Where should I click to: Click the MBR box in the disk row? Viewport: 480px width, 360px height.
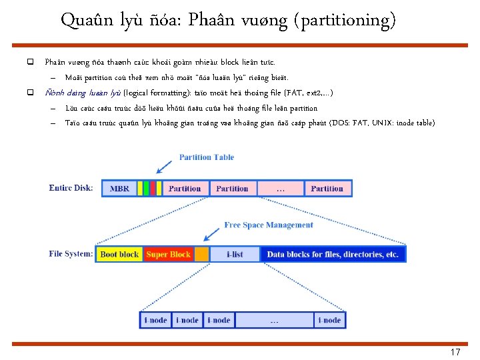pos(119,189)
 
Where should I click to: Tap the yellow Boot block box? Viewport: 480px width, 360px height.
pos(119,254)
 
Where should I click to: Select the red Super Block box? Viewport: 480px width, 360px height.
pos(168,254)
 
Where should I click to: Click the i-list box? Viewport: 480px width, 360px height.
pos(235,254)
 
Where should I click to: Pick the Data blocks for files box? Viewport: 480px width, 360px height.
pos(333,254)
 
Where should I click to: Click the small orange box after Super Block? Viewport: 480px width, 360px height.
pos(201,254)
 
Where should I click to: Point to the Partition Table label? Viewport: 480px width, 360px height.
pos(206,157)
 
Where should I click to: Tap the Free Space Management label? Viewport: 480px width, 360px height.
pos(269,225)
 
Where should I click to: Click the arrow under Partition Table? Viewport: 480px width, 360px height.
pos(162,168)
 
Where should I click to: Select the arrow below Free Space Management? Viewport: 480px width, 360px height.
pos(212,234)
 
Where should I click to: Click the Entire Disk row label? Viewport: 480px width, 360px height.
pos(71,188)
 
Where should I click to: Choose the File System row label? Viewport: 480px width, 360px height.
pos(71,254)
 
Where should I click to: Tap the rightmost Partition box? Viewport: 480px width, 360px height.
pos(327,189)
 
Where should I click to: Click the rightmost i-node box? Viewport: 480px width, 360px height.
pos(329,320)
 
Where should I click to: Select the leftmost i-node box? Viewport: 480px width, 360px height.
pos(155,320)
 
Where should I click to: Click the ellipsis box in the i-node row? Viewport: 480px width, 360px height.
pos(274,320)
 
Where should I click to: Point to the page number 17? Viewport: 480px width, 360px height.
pos(455,352)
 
